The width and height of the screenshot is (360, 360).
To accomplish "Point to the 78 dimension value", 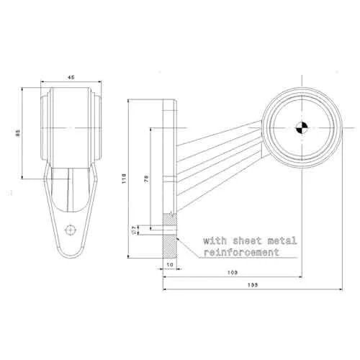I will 146,179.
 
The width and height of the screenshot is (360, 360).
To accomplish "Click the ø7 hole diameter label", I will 135,230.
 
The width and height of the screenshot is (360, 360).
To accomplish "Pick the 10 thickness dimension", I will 170,266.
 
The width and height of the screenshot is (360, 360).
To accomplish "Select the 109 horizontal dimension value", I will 233,274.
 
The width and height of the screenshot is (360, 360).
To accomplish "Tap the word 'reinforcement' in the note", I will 240,253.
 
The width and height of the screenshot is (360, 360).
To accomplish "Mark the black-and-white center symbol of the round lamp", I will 300,128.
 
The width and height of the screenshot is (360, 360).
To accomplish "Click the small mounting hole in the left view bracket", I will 70,230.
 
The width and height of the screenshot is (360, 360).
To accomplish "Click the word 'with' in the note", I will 215,240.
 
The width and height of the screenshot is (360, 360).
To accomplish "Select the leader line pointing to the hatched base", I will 189,248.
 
